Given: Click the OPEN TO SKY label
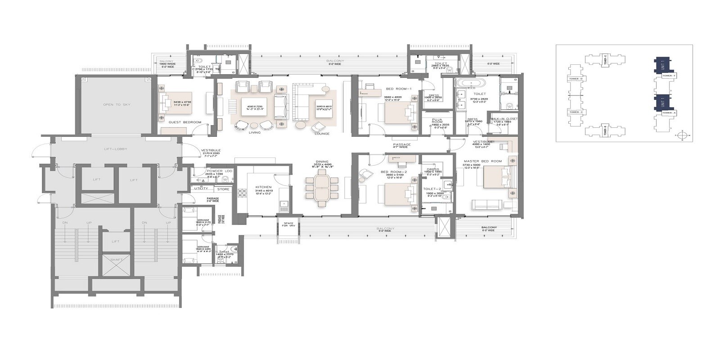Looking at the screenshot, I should click(114, 104).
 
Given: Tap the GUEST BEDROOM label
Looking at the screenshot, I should click(184, 122).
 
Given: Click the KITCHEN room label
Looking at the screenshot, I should click(263, 186).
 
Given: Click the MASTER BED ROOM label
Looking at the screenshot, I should click(483, 161).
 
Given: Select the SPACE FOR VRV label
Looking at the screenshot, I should click(286, 225).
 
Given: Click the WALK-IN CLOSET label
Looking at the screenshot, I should click(504, 119).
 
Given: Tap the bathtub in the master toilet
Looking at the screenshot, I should click(471, 83).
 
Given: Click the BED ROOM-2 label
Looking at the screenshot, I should click(393, 172).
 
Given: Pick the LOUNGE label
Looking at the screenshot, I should click(322, 134).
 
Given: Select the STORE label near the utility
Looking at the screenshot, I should click(224, 189).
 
